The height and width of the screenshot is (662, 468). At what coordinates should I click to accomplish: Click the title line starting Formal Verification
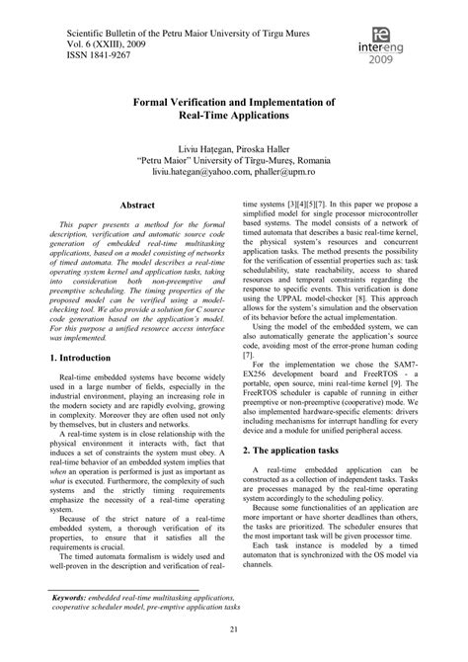(234, 102)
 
